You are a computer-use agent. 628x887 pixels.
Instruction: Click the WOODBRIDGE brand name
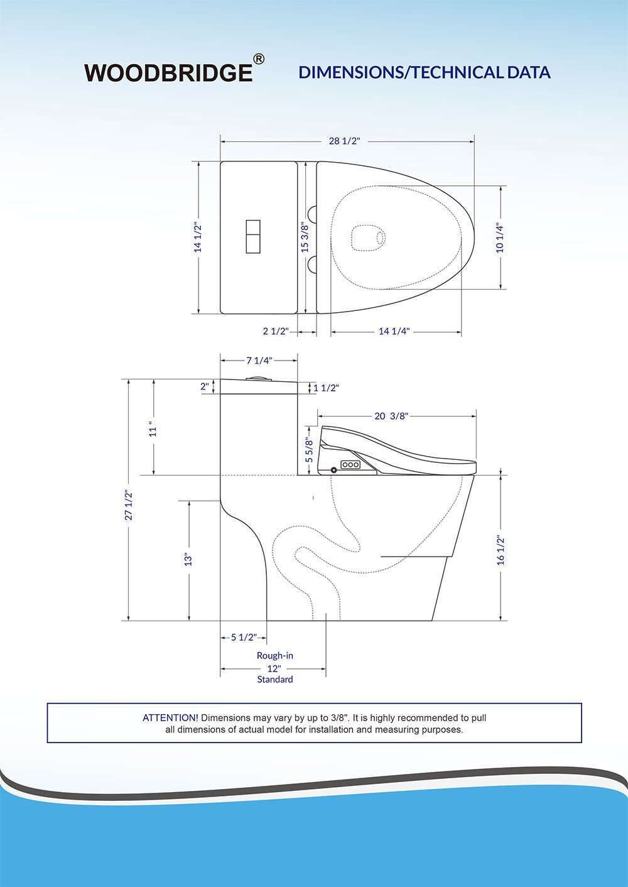coord(168,73)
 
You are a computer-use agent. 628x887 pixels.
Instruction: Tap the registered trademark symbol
coord(258,59)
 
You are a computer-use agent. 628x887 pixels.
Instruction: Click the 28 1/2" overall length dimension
coord(345,141)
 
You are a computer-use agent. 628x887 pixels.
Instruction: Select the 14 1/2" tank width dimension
coord(198,237)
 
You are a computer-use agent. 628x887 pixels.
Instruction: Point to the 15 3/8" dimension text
coord(305,237)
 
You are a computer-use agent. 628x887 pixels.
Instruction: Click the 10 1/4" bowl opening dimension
coord(500,237)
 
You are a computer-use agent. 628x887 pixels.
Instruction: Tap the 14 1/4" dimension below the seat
coord(394,332)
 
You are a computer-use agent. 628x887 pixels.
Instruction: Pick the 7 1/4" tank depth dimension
coord(259,360)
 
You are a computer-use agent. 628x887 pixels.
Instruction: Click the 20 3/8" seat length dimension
coord(391,416)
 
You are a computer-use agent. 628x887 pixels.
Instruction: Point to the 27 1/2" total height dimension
coord(129,504)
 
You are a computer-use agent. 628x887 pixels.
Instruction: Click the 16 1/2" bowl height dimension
coord(500,549)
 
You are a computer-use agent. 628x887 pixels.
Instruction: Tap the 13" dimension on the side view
coord(188,559)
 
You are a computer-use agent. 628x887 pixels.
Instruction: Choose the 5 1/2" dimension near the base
coord(244,637)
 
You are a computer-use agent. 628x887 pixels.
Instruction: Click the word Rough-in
coord(274,655)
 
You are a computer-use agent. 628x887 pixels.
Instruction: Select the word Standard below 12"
coord(274,679)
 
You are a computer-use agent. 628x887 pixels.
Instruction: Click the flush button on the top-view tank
coord(254,237)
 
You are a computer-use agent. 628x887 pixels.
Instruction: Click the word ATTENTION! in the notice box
coord(171,717)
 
